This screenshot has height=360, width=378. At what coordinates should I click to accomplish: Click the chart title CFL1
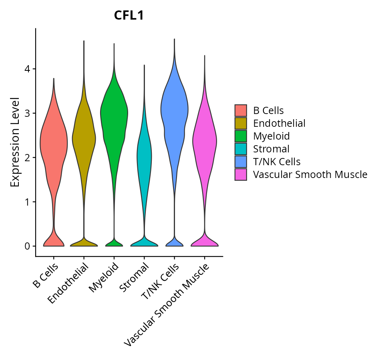129,16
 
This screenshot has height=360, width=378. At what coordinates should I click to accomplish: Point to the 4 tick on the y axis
27,69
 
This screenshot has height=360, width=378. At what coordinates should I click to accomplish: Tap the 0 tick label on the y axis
27,246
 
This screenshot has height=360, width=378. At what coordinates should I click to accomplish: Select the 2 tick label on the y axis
27,158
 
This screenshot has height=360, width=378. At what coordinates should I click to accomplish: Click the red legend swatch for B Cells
241,110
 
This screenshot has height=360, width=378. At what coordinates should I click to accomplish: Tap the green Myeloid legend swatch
241,136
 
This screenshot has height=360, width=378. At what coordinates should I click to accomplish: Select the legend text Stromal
271,149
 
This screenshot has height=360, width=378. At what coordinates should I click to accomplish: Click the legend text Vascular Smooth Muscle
310,174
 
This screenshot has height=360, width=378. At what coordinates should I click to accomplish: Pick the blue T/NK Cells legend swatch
241,162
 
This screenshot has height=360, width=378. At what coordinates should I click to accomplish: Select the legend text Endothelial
279,123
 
